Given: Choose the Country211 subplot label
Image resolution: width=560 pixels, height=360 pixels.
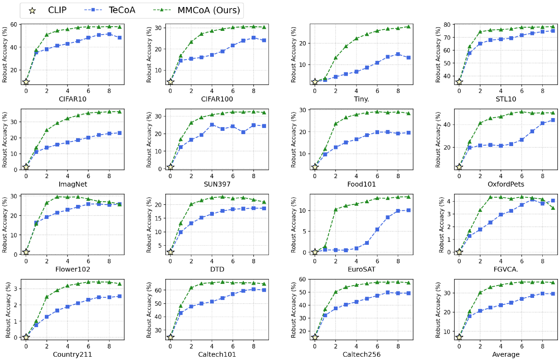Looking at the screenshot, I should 73,354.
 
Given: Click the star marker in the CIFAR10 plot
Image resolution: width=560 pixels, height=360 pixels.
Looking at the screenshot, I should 26,82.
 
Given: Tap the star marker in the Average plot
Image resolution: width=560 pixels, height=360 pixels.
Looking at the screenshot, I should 459,337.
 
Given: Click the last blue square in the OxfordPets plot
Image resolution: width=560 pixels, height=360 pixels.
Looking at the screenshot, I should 553,120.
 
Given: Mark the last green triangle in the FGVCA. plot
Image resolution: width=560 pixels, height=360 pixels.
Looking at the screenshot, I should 553,208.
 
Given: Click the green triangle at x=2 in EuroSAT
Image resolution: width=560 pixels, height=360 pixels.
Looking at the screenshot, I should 336,209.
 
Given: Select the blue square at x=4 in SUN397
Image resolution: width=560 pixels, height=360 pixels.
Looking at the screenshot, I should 212,125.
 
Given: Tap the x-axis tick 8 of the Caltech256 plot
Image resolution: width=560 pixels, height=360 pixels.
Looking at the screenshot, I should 398,344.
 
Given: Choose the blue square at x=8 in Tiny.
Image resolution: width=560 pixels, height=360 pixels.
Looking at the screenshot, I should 398,54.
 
